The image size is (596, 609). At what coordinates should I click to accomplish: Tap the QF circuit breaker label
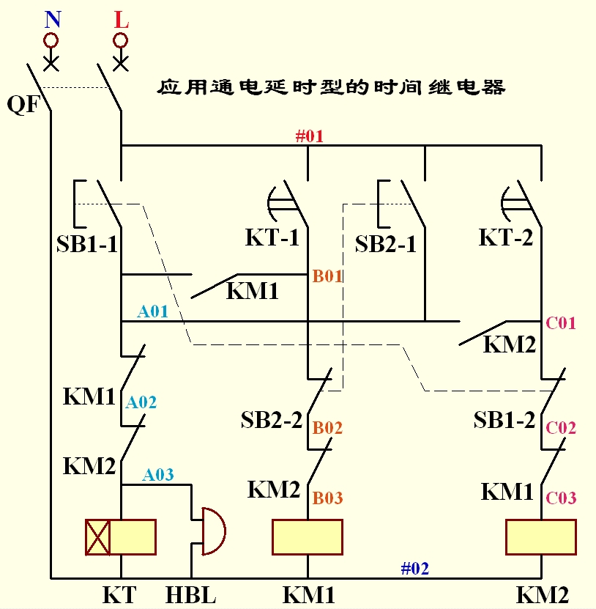(23, 104)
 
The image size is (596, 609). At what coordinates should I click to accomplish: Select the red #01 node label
(308, 135)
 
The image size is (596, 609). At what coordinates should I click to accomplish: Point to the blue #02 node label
(414, 567)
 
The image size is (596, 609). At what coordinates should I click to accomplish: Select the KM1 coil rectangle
(308, 537)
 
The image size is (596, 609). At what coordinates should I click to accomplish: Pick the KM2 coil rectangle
(541, 537)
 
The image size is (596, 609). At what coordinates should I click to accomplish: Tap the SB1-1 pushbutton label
(86, 244)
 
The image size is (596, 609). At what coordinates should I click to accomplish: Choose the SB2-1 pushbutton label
(386, 244)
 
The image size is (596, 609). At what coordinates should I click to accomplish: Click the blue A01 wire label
(153, 311)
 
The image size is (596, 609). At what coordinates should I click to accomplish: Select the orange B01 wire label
(328, 276)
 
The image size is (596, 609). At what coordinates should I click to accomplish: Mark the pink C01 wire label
(561, 322)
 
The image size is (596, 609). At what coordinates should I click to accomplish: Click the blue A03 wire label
(158, 474)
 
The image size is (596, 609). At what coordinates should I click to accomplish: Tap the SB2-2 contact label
(271, 420)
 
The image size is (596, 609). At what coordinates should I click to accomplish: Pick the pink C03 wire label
(561, 498)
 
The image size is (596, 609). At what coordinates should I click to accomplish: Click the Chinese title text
(331, 88)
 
